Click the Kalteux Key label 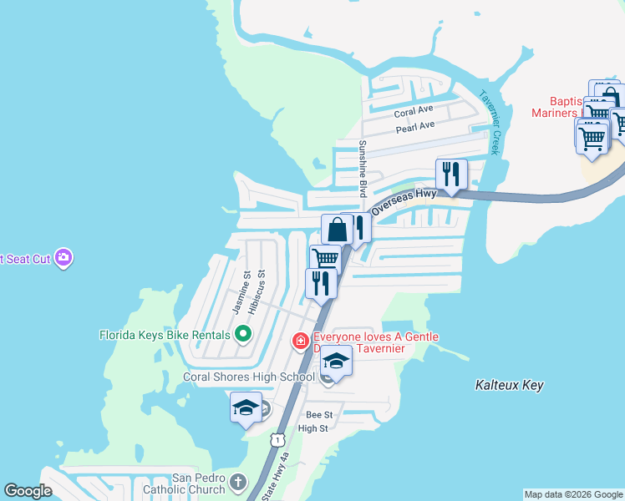click(509, 385)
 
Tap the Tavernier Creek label click(490, 122)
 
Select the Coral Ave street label click(414, 110)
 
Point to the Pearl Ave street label click(415, 126)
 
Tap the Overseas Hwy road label click(404, 199)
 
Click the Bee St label click(319, 414)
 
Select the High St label click(313, 428)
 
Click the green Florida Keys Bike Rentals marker click(243, 335)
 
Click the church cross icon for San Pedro click(238, 482)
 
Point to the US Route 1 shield click(276, 438)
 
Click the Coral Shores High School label click(249, 377)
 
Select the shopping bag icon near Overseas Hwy click(336, 229)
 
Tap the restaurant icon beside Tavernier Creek click(450, 174)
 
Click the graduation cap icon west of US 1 click(246, 407)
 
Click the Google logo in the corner click(28, 491)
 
